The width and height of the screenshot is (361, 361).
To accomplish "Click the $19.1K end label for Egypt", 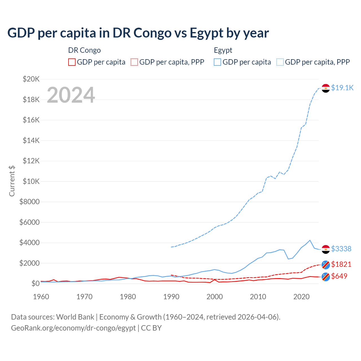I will (x=342, y=88).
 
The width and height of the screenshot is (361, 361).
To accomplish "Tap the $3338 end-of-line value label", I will (x=341, y=249).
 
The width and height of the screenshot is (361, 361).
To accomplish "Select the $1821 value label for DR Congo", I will (x=341, y=264).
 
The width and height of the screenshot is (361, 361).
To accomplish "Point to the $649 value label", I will (x=339, y=276).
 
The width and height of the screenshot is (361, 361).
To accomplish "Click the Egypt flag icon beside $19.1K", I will (x=326, y=88).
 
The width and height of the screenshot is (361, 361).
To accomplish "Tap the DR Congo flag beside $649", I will (x=326, y=277).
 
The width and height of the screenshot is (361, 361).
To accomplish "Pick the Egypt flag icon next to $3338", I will (x=326, y=249).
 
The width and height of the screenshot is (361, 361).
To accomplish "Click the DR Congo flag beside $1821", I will (x=326, y=265).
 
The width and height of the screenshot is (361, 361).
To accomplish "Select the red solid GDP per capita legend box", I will (x=72, y=62).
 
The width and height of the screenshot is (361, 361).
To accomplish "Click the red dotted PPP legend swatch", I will (x=134, y=62).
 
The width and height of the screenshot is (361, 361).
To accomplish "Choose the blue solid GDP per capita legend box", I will (x=217, y=62).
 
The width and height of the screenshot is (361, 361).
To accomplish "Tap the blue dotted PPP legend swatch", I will (x=280, y=62).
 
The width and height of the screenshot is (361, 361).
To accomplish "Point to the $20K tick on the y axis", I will (x=31, y=79).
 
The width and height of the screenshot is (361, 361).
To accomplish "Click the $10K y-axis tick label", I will (x=31, y=181).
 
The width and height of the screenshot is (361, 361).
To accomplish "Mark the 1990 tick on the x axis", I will (x=171, y=297).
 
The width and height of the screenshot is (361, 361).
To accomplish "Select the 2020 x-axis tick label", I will (x=301, y=297).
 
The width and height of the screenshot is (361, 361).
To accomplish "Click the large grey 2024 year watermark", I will (x=71, y=95).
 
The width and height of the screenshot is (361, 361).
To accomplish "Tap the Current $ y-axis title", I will (x=12, y=181).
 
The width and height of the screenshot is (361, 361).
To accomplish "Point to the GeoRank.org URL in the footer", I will (x=73, y=328).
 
